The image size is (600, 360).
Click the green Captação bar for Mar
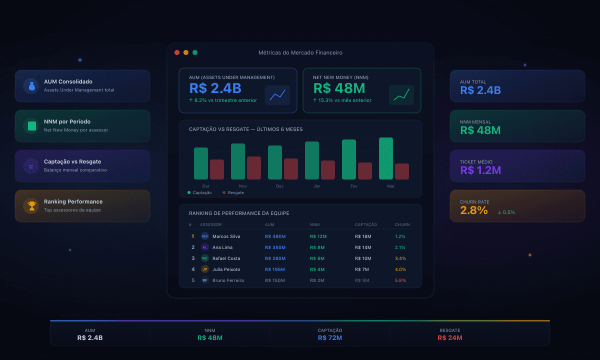coord(386,158)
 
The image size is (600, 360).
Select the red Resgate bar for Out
coord(217,169)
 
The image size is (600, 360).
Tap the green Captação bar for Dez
coord(275,162)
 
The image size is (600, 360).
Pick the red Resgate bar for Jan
coord(328,170)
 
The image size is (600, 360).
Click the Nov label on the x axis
coord(243,186)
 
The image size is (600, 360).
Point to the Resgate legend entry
coord(233,192)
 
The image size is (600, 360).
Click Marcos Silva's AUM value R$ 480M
coord(275,236)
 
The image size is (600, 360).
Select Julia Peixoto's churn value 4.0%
coord(400,269)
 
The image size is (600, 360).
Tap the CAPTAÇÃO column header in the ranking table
coord(366,224)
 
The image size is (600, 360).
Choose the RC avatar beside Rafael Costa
coord(204,258)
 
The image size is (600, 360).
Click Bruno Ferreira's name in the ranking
coord(228,280)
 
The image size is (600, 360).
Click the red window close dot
coord(177,52)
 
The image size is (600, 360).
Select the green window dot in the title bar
coord(195,52)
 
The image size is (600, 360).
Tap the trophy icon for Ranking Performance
coord(31,205)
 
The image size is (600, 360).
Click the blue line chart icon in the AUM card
coord(277,95)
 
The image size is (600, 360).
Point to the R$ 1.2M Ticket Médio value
coord(480,170)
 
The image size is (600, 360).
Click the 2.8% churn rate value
coord(473,210)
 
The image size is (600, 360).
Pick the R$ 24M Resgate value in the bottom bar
coord(449,338)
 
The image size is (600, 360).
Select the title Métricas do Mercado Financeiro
coord(300,52)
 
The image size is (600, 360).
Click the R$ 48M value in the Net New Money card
coord(339,88)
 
